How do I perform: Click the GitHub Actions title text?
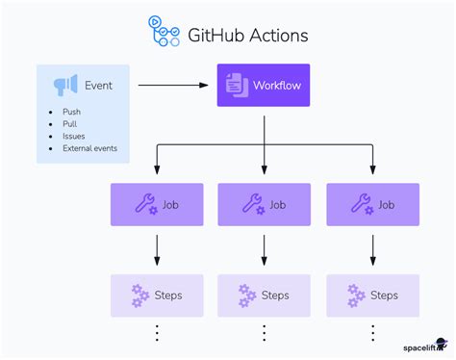click(x=247, y=35)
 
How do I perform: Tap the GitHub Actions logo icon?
click(x=164, y=32)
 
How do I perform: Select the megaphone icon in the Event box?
click(x=65, y=85)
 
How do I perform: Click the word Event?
click(x=98, y=85)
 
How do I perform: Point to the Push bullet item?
click(x=71, y=112)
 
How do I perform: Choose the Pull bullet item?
click(x=69, y=124)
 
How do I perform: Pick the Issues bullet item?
click(x=73, y=137)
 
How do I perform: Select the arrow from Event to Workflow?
click(x=173, y=86)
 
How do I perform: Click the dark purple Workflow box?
click(x=264, y=86)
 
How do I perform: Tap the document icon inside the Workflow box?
click(x=236, y=86)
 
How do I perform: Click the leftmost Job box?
click(x=157, y=204)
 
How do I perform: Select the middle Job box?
click(x=265, y=204)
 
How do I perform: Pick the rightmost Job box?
click(x=372, y=204)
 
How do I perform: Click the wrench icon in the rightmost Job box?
click(x=361, y=204)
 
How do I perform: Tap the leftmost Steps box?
click(x=157, y=295)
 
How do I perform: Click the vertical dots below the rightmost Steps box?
click(x=372, y=333)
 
